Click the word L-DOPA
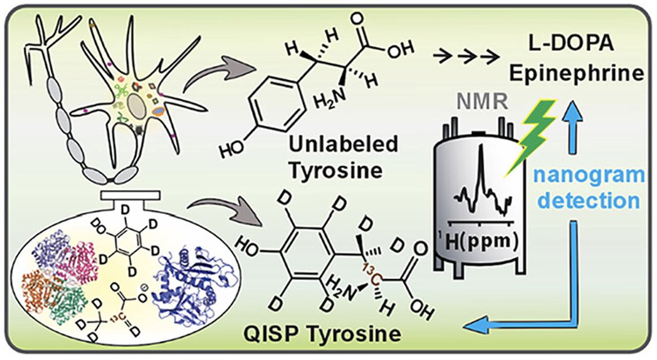tap(571, 43)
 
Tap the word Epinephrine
tap(576, 73)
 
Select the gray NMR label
tap(481, 102)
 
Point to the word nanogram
tap(590, 175)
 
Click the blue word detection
tap(589, 200)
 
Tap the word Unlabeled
tap(344, 144)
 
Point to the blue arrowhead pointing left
tap(478, 325)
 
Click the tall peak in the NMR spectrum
tap(481, 168)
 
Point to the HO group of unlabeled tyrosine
tap(231, 148)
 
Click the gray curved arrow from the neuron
tap(220, 74)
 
